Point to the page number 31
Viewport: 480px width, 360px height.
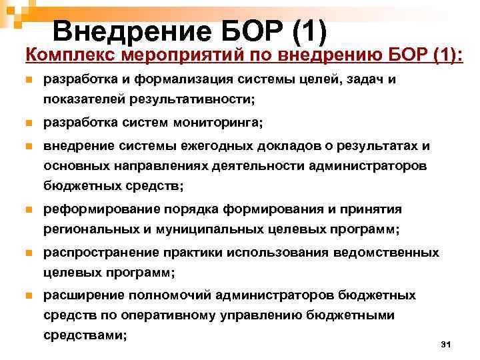pos(447,344)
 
